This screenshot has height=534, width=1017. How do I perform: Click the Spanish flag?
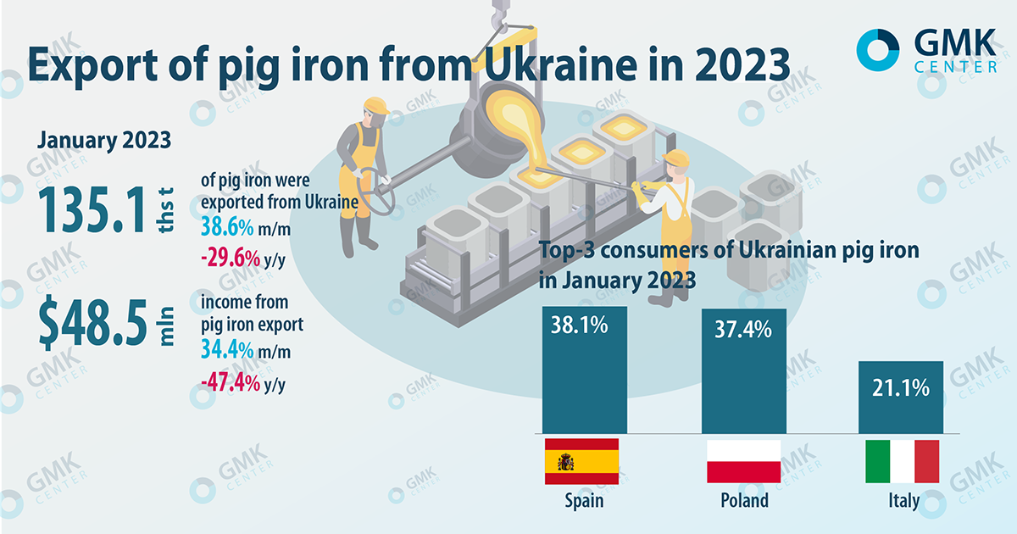(581, 461)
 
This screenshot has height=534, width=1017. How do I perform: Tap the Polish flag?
(743, 461)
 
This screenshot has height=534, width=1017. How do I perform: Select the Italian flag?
(902, 461)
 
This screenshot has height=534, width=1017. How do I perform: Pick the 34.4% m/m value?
(230, 348)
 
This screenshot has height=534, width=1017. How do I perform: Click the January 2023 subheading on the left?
(103, 140)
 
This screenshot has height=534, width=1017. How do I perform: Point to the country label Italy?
(903, 501)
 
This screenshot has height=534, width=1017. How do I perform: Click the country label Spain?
(584, 501)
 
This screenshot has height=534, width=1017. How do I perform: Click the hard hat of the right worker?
(677, 158)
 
